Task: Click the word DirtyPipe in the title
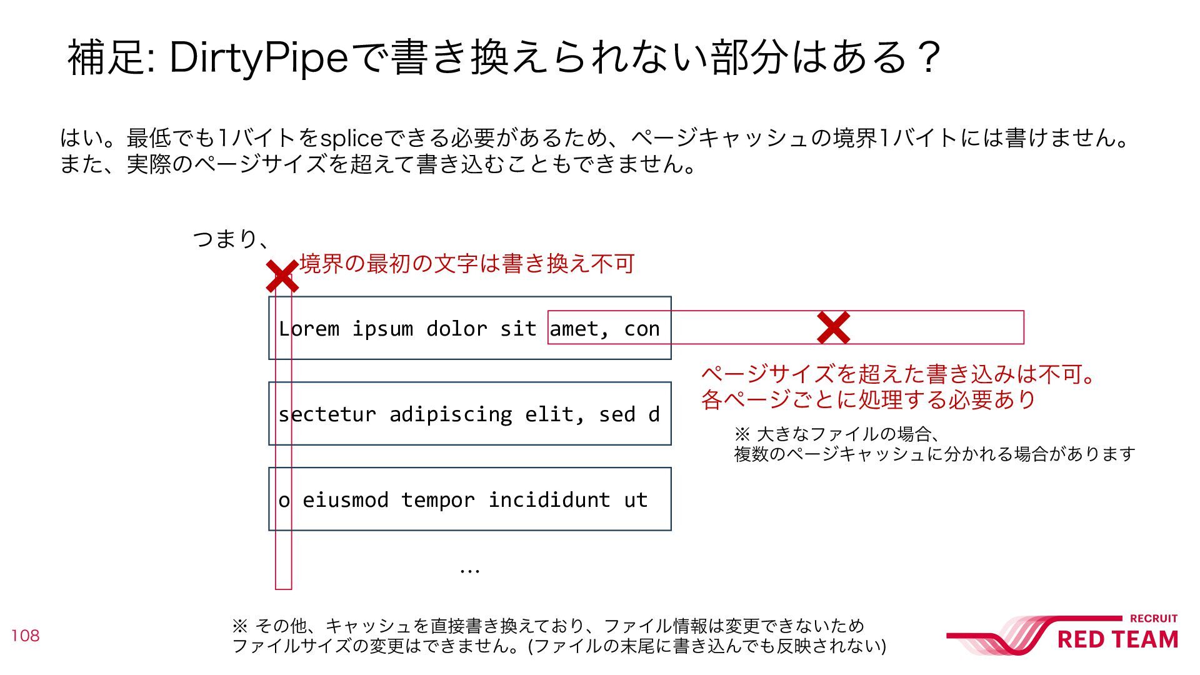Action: tap(257, 57)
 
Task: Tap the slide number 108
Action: tap(25, 636)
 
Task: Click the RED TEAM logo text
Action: tap(1117, 639)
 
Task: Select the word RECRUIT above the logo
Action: tap(1154, 618)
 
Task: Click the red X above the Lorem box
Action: tap(282, 277)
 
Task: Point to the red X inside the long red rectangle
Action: tap(834, 327)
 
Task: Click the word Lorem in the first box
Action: tap(309, 329)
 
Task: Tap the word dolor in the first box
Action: tap(456, 329)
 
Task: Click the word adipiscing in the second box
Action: tap(451, 414)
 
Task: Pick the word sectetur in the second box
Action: tap(327, 414)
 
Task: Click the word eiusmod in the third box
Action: tap(346, 500)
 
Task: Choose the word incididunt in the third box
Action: tap(549, 500)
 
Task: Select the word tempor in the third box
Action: tap(437, 500)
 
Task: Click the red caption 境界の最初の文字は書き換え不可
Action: tap(467, 264)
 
